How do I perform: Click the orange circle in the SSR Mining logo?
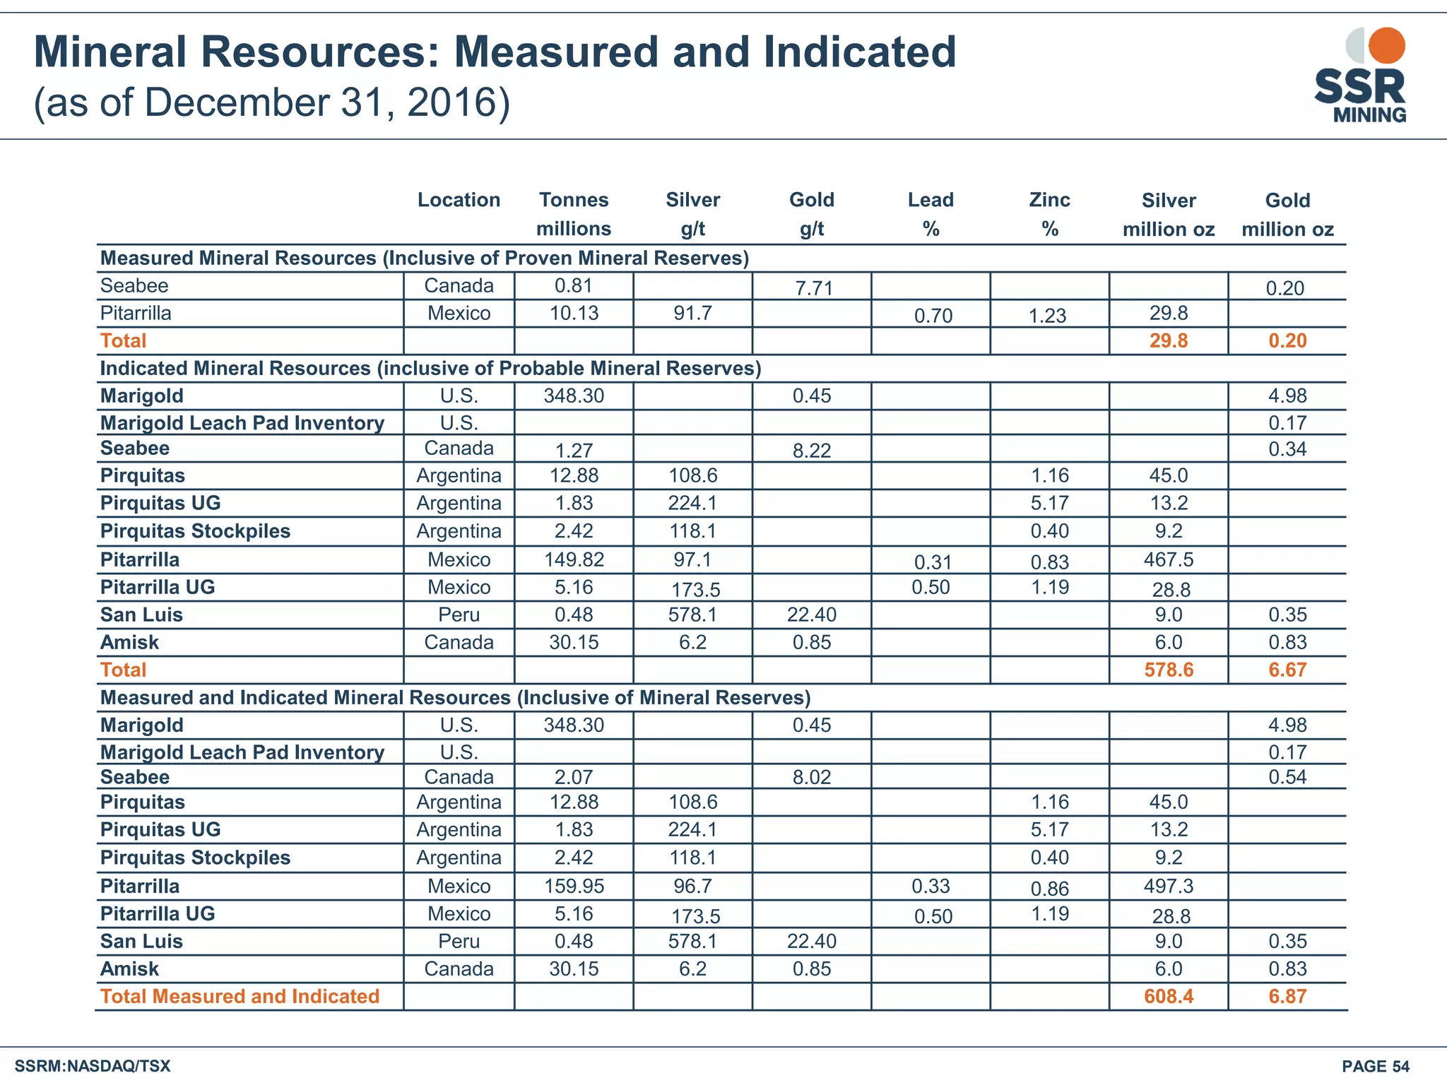click(x=1386, y=45)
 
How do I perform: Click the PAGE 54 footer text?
click(x=1375, y=1066)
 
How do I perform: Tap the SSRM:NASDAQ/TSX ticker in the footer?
click(x=93, y=1066)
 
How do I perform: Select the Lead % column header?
click(x=931, y=214)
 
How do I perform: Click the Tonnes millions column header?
click(x=574, y=214)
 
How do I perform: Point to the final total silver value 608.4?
click(x=1169, y=996)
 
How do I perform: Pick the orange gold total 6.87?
click(x=1287, y=996)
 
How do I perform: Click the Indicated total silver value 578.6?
click(x=1169, y=670)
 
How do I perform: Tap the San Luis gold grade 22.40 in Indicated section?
click(x=812, y=615)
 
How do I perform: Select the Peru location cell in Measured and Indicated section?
click(x=459, y=941)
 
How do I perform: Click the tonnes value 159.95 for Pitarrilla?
click(x=574, y=886)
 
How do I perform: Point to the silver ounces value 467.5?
click(x=1169, y=559)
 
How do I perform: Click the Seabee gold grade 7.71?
click(x=814, y=288)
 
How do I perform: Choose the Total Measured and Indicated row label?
click(x=240, y=996)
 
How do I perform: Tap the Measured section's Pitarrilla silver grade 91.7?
click(x=692, y=313)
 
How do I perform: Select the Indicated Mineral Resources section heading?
click(x=430, y=368)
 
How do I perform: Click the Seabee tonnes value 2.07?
click(x=574, y=777)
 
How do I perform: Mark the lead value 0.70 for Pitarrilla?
click(x=933, y=316)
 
